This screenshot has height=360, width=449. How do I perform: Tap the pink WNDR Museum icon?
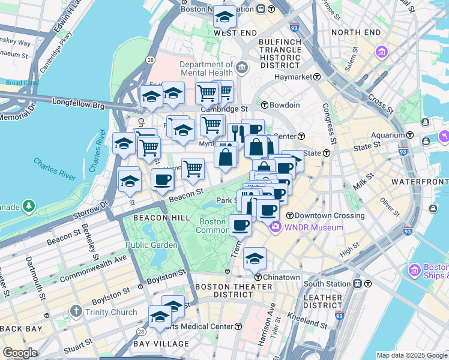click(x=276, y=227)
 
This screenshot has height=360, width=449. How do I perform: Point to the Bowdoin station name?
click(x=285, y=105)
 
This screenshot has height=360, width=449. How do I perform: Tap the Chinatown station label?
click(x=283, y=277)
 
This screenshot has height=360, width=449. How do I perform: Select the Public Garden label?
click(x=151, y=245)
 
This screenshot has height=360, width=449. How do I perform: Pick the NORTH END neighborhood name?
click(x=355, y=32)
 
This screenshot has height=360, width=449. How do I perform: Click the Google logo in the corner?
click(x=20, y=353)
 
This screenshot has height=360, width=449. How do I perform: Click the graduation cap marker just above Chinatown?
click(x=255, y=259)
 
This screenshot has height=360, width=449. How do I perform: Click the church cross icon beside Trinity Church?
click(x=76, y=311)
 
